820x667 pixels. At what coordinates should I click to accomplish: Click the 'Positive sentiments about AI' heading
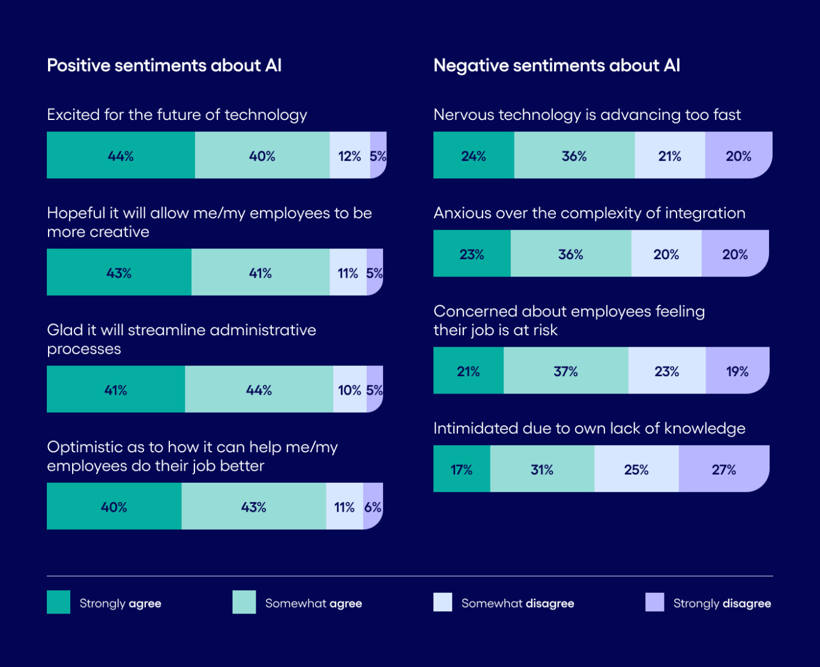[164, 65]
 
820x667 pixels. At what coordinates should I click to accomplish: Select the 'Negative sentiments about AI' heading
[556, 65]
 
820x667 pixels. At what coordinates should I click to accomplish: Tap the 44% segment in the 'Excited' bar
[121, 155]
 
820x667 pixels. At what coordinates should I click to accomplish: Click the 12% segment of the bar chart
[349, 155]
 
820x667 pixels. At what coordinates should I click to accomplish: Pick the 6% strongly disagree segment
[373, 506]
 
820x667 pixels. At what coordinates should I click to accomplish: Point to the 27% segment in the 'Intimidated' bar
[723, 469]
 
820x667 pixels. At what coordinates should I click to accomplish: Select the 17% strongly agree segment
[462, 469]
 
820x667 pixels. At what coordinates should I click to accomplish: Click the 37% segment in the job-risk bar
[565, 371]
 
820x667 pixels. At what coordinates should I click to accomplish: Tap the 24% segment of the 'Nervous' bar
[474, 155]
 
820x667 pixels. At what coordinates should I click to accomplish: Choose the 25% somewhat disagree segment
[636, 469]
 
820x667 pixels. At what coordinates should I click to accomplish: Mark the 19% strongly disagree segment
[737, 371]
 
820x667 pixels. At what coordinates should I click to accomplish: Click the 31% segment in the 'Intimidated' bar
[542, 469]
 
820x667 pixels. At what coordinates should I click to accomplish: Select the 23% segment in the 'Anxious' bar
[472, 254]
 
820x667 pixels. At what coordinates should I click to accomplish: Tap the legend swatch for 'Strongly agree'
[59, 602]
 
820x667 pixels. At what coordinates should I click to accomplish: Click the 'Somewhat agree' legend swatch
[244, 602]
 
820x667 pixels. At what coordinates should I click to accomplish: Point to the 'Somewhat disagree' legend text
[517, 603]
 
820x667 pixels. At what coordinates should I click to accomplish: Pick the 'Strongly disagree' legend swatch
[655, 602]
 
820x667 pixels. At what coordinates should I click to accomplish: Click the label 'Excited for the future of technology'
[177, 115]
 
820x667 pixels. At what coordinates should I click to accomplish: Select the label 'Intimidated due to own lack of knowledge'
[589, 428]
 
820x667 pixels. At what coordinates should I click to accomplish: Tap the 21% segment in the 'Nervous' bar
[669, 155]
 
